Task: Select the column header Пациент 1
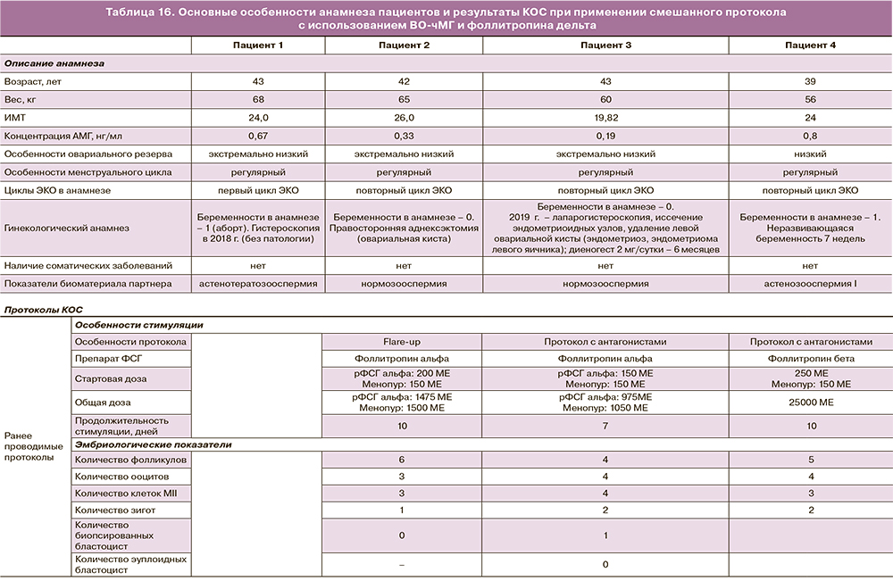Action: pos(258,45)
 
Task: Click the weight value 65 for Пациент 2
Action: pos(402,99)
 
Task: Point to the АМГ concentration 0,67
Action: pos(258,136)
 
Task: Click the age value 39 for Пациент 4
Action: pos(811,81)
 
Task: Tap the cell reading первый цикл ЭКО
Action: pos(258,190)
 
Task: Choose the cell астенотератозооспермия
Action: pos(258,284)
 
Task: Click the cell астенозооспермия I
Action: pos(811,284)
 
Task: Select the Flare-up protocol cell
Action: pos(402,342)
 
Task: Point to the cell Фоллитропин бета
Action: pos(811,359)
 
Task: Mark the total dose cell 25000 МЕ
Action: pos(811,403)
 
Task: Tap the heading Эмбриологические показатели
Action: pos(153,444)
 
